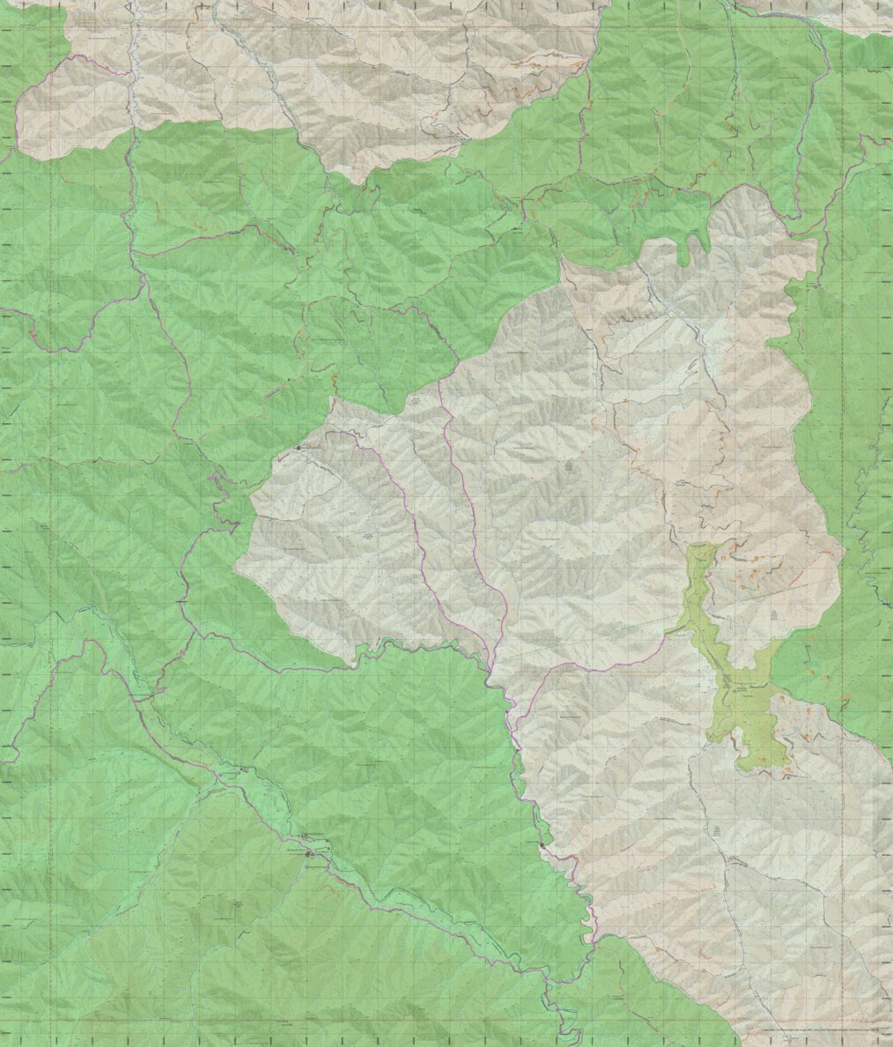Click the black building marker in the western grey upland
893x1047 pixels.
tap(298, 448)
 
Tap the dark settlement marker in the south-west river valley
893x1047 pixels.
tap(308, 853)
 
